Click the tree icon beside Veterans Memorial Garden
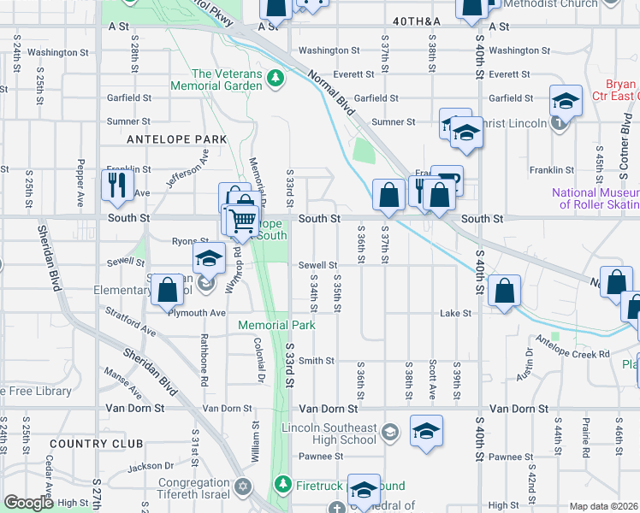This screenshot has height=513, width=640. (275, 80)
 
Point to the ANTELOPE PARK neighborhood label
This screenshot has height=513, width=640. (176, 139)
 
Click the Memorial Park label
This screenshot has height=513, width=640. (276, 325)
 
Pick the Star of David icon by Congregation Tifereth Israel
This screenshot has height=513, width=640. (243, 486)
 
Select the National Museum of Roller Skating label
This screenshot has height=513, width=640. (596, 198)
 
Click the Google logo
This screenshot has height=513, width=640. (28, 503)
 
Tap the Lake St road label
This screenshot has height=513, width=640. (455, 314)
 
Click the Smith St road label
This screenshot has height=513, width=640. (317, 361)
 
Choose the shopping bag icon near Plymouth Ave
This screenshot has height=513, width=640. (168, 290)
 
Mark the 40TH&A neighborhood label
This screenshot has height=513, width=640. (418, 20)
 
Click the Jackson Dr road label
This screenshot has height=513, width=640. (150, 467)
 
